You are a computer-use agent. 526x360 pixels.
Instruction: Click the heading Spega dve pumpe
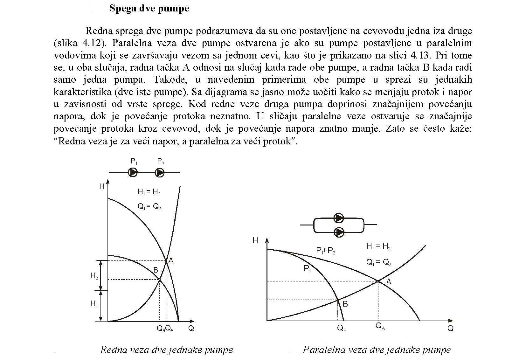click(x=149, y=8)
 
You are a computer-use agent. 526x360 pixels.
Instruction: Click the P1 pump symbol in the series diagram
click(x=133, y=172)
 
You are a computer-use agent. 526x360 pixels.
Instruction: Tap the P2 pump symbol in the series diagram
click(x=160, y=172)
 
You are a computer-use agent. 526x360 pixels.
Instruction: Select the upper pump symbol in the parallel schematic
click(x=339, y=218)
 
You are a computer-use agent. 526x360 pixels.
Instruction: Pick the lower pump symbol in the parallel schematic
click(x=339, y=232)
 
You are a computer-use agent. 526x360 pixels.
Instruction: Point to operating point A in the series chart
click(x=166, y=261)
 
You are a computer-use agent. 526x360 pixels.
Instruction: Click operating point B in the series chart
click(x=159, y=279)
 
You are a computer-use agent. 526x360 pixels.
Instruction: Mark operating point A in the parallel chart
click(x=378, y=281)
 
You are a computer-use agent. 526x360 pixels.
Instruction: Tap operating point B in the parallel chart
click(x=338, y=300)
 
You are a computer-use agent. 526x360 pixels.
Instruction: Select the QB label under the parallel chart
click(x=342, y=328)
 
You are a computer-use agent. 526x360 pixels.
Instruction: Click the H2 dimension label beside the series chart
click(x=94, y=276)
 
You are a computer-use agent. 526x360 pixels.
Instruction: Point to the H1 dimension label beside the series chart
click(x=94, y=304)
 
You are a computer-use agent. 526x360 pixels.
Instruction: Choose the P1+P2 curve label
click(x=326, y=251)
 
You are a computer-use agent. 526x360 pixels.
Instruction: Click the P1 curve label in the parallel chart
click(x=307, y=269)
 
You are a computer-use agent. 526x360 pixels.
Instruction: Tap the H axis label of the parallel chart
click(x=255, y=240)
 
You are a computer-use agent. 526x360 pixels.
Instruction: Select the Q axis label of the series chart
click(x=191, y=329)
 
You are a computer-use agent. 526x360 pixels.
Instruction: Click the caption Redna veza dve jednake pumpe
click(x=167, y=350)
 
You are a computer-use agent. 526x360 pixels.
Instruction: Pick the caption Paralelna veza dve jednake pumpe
click(x=377, y=350)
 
